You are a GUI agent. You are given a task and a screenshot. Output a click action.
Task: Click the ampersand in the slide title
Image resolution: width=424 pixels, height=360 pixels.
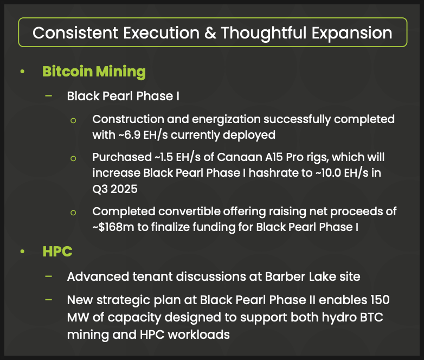pos(210,33)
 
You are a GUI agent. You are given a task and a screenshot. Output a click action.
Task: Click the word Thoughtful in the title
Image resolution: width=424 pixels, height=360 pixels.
pos(264,33)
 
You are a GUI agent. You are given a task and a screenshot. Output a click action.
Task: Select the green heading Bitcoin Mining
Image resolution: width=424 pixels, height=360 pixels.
pos(94,72)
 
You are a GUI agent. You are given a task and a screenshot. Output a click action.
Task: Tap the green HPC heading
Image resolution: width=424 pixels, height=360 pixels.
pos(57,251)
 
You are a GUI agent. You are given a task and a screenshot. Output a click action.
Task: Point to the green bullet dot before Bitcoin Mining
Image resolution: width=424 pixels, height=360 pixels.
pos(22,72)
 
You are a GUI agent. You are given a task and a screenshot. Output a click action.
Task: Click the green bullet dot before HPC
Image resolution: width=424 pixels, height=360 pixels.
pos(22,252)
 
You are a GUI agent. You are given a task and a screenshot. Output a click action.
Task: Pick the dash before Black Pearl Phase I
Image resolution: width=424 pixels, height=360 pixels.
pos(49,95)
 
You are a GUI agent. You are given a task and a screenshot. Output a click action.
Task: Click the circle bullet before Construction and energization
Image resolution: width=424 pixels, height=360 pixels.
pos(73,120)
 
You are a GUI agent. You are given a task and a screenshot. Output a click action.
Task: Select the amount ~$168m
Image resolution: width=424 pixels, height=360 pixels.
pos(113,227)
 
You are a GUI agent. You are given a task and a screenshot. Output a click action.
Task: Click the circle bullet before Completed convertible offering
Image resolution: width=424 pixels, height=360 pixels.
pos(73,213)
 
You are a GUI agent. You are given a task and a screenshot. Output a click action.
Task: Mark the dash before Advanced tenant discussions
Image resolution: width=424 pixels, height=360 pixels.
pos(49,276)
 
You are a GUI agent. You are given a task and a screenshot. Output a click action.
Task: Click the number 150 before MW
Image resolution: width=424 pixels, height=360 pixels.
pos(380,300)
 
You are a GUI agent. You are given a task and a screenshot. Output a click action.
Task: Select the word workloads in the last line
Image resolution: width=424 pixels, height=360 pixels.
pos(199,335)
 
